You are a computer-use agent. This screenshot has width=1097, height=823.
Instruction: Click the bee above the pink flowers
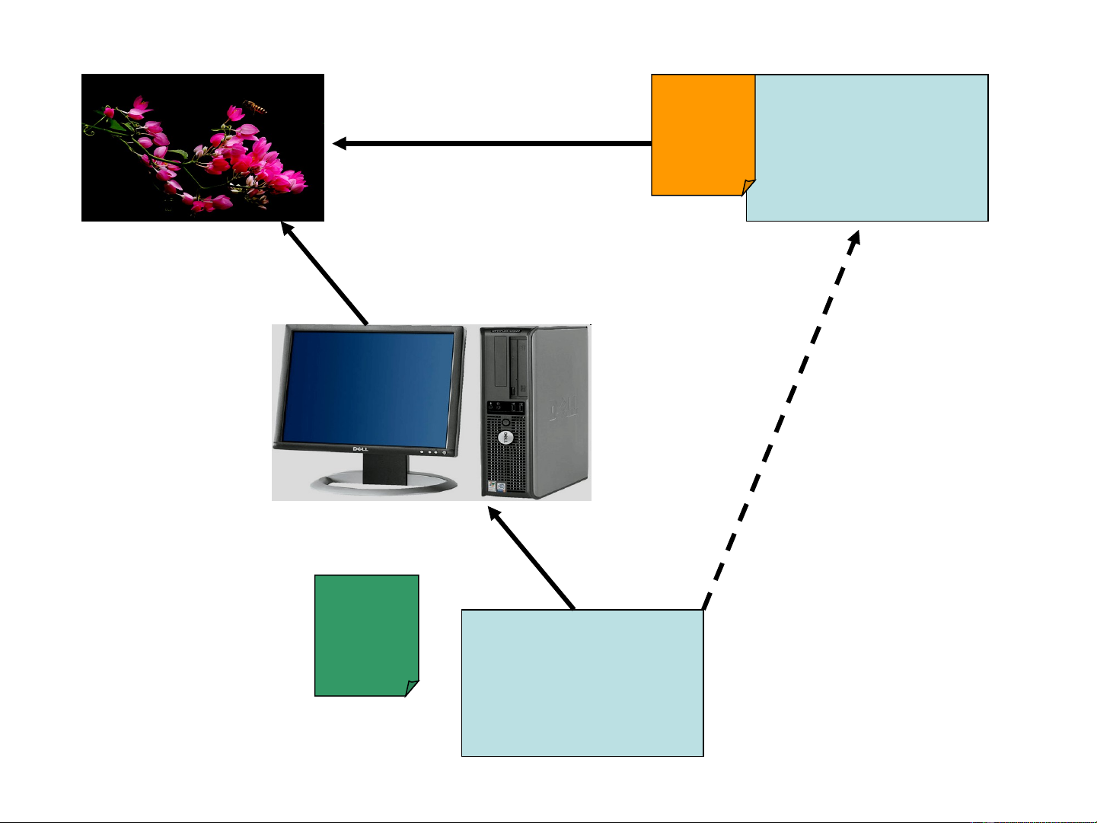coord(256,107)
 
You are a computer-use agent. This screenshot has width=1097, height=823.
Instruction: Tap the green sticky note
coord(366,632)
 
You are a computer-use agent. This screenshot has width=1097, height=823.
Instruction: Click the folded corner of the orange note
coord(748,187)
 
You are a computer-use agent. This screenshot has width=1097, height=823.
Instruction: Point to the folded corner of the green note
coord(412,687)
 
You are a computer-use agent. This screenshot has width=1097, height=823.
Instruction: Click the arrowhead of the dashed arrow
coord(856,237)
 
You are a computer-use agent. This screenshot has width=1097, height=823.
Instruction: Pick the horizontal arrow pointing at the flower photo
coord(495,143)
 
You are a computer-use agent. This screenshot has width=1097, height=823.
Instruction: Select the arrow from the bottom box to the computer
coord(533,560)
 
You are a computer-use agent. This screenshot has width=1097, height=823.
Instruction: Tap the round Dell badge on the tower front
coord(503,438)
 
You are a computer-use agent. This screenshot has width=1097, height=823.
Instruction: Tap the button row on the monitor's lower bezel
coord(432,451)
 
